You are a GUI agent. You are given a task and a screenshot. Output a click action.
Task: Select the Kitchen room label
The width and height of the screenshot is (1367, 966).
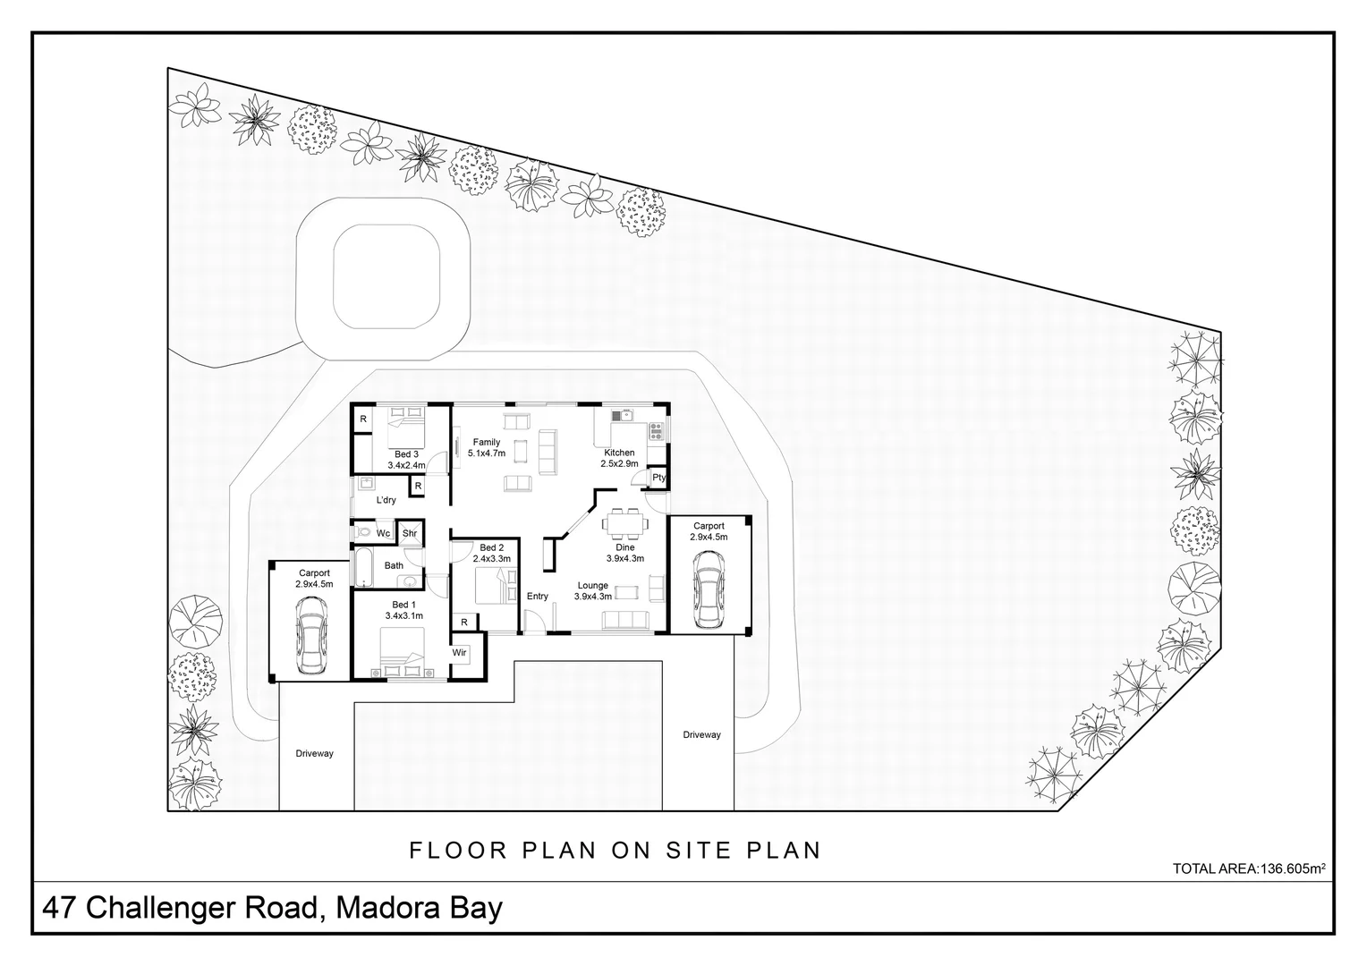coord(619,453)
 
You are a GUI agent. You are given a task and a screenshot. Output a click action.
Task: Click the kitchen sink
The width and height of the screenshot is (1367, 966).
coord(622,415)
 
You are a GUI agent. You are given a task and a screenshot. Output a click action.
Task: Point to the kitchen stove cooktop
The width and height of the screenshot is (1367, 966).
coord(657,431)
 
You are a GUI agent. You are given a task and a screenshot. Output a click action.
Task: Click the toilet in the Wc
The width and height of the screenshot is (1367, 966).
coord(362,533)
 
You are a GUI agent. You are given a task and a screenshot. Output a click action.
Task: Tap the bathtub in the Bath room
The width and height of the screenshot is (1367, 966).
coord(363,566)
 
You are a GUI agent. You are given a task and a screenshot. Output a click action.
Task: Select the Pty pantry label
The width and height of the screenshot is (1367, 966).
coord(658,478)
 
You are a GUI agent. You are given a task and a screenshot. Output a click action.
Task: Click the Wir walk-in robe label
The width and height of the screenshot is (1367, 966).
coord(459,653)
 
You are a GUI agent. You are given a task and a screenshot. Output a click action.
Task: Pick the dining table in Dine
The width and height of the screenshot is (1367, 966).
coord(623,521)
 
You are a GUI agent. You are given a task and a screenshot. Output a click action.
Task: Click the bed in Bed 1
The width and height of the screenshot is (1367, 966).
coord(402,652)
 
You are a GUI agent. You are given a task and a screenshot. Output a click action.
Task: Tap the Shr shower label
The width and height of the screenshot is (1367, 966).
coord(410,534)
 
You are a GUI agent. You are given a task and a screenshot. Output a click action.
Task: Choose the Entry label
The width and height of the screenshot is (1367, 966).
coord(538,597)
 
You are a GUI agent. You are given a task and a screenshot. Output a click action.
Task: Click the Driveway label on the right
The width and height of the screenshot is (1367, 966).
coord(701,735)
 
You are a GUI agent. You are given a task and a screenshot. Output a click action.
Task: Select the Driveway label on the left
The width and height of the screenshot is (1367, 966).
coord(314,754)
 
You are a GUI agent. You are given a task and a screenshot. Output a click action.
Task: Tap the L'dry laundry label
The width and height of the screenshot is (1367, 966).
coord(386,500)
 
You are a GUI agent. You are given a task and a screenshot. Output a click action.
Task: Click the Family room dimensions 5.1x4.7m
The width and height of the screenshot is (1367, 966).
coord(487,453)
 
